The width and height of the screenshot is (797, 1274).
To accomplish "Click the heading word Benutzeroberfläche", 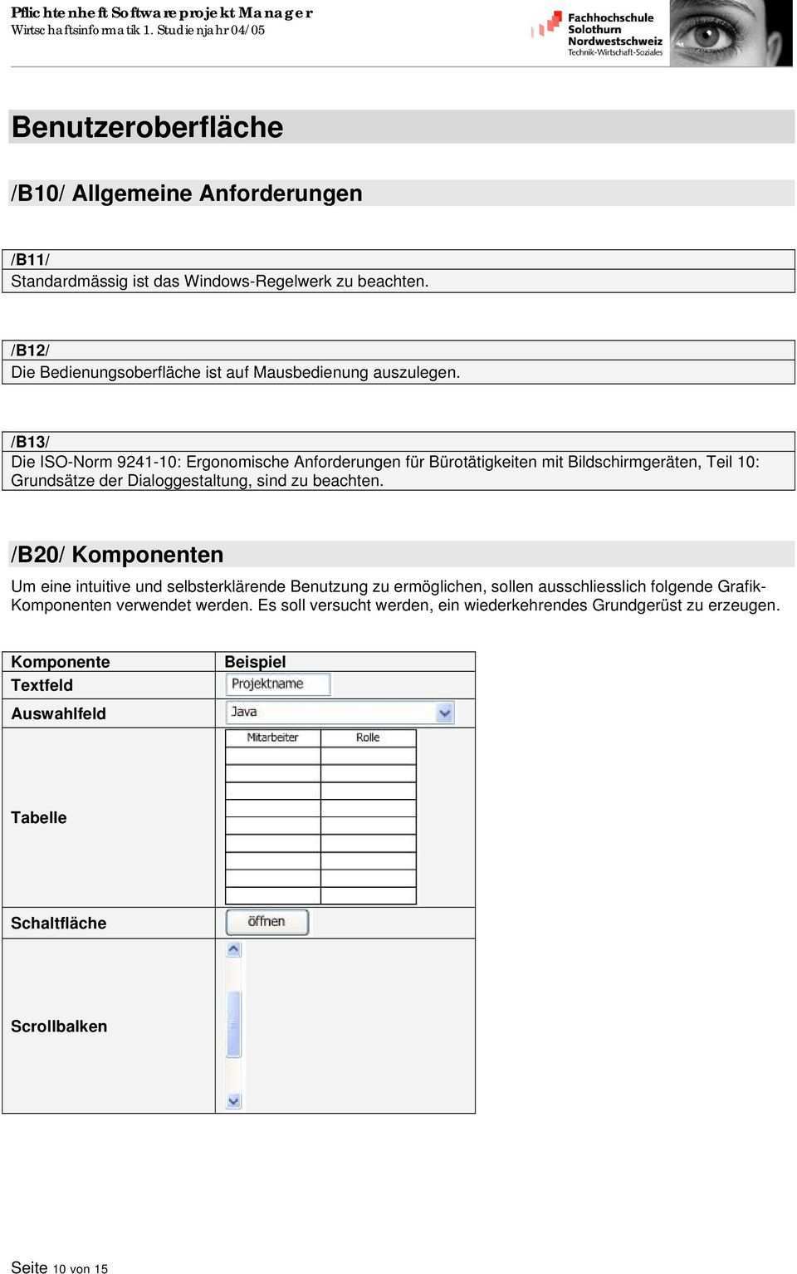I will pos(147,127).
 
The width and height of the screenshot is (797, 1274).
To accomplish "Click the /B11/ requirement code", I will pos(30,260).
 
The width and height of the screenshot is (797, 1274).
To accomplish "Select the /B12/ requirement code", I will pos(30,350).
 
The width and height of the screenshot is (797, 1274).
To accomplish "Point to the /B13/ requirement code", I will pos(30,442).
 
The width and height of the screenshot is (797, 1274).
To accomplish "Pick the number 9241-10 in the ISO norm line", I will pos(144,462).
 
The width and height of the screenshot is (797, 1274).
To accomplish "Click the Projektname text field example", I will pos(277,684).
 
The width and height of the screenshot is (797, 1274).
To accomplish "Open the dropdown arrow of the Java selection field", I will pos(445,713).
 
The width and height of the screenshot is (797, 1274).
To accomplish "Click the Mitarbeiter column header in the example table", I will pos(272,737).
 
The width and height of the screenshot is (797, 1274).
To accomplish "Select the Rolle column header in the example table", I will pos(368,737).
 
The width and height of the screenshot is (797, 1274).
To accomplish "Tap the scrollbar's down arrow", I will pos(234,1101).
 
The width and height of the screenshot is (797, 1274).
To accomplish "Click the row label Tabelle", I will pos(39,817).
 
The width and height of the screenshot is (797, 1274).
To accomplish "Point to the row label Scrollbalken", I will pos(59,1027).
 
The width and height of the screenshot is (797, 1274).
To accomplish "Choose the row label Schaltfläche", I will pos(58,923).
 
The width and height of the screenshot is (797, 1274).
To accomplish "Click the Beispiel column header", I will pos(255,662).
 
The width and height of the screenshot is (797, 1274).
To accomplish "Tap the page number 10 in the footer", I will pos(59,1269).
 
